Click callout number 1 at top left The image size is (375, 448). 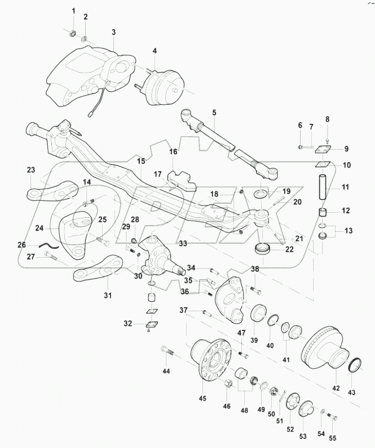pos(73,11)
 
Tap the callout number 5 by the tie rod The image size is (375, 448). pos(214,111)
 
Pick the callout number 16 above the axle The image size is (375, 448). pos(173,152)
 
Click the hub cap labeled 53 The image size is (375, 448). pos(307,410)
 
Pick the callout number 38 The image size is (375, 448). pos(255,269)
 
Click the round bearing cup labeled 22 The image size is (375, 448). pos(264,248)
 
